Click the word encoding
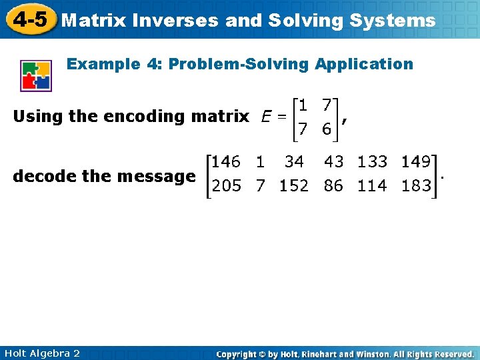point(146,117)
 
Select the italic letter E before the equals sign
point(266,117)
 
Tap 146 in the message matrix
point(226,162)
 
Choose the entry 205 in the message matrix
point(226,186)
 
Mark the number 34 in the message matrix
point(293,162)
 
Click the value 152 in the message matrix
point(293,186)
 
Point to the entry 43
point(334,162)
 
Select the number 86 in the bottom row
point(334,186)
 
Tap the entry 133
point(372,162)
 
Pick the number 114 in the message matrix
point(372,186)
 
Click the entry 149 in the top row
point(415,162)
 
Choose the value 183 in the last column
point(415,186)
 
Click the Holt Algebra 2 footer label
point(41,353)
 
